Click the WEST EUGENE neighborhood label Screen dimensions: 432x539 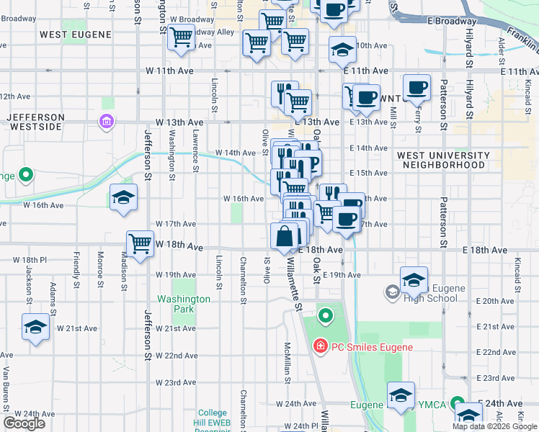[x=76, y=34]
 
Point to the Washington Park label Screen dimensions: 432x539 [x=184, y=304]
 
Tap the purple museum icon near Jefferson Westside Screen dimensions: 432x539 [x=107, y=121]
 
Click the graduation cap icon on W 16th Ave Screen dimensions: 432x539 [x=123, y=198]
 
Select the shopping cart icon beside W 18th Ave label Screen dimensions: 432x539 [x=140, y=243]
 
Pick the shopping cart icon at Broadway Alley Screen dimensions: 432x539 [x=181, y=36]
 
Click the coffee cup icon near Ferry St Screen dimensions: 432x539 [x=416, y=88]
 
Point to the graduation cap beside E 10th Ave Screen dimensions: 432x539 [x=342, y=50]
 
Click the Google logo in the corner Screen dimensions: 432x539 [x=24, y=423]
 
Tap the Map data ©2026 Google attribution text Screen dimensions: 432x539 [x=494, y=426]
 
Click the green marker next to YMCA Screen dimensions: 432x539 [x=456, y=403]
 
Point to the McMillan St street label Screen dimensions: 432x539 [x=287, y=360]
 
